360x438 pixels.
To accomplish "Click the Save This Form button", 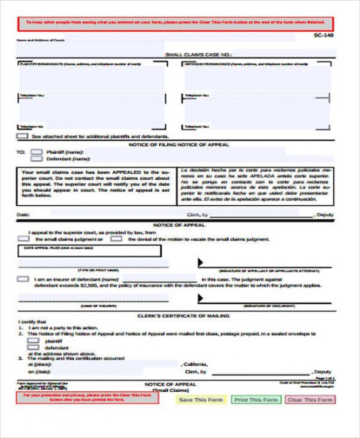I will click(x=201, y=400).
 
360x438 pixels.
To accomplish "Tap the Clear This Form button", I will click(x=309, y=400).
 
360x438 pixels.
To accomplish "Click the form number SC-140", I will click(x=324, y=36).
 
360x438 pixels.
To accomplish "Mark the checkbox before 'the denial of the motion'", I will click(x=116, y=239).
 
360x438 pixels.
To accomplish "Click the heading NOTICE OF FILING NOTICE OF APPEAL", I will click(x=179, y=144).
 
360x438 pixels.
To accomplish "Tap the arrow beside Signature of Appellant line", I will click(x=200, y=263).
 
